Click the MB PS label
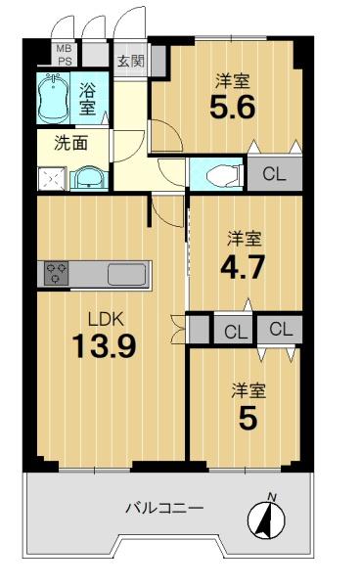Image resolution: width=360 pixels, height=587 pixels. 65,55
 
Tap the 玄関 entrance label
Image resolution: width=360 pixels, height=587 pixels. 131,61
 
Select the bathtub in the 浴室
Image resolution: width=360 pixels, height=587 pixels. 53,98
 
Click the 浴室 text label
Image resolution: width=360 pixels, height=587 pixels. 87,98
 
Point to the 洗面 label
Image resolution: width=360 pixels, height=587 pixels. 70,143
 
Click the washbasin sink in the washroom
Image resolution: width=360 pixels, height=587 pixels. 89,178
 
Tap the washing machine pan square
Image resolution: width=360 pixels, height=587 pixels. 52,179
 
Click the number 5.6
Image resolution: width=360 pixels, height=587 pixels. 233,107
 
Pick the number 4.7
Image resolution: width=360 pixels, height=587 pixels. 243,266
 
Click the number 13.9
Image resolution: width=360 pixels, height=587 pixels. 104,345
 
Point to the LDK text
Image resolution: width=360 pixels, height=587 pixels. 105,319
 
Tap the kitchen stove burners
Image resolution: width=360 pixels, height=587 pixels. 57,273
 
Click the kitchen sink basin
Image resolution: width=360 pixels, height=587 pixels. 126,274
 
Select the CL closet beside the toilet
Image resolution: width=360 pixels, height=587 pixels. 274,174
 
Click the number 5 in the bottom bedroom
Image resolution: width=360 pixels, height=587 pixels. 247,418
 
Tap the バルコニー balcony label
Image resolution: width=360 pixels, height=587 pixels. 164,508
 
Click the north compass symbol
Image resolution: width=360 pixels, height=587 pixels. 266,520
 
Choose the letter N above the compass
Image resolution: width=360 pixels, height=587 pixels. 272,497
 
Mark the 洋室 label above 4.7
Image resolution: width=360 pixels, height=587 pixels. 245,239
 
